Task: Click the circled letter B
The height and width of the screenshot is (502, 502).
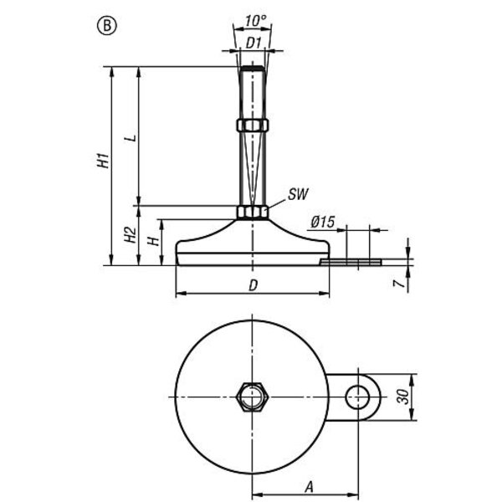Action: click(x=108, y=25)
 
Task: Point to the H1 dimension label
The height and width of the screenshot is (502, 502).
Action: click(x=103, y=161)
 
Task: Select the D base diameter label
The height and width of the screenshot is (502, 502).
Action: click(x=252, y=286)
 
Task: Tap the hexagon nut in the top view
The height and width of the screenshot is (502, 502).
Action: click(x=251, y=395)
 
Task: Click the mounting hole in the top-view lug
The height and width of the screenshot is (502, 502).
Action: click(x=361, y=395)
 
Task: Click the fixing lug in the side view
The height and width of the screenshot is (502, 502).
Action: click(x=351, y=262)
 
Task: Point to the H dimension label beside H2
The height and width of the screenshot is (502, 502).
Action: click(x=153, y=240)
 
